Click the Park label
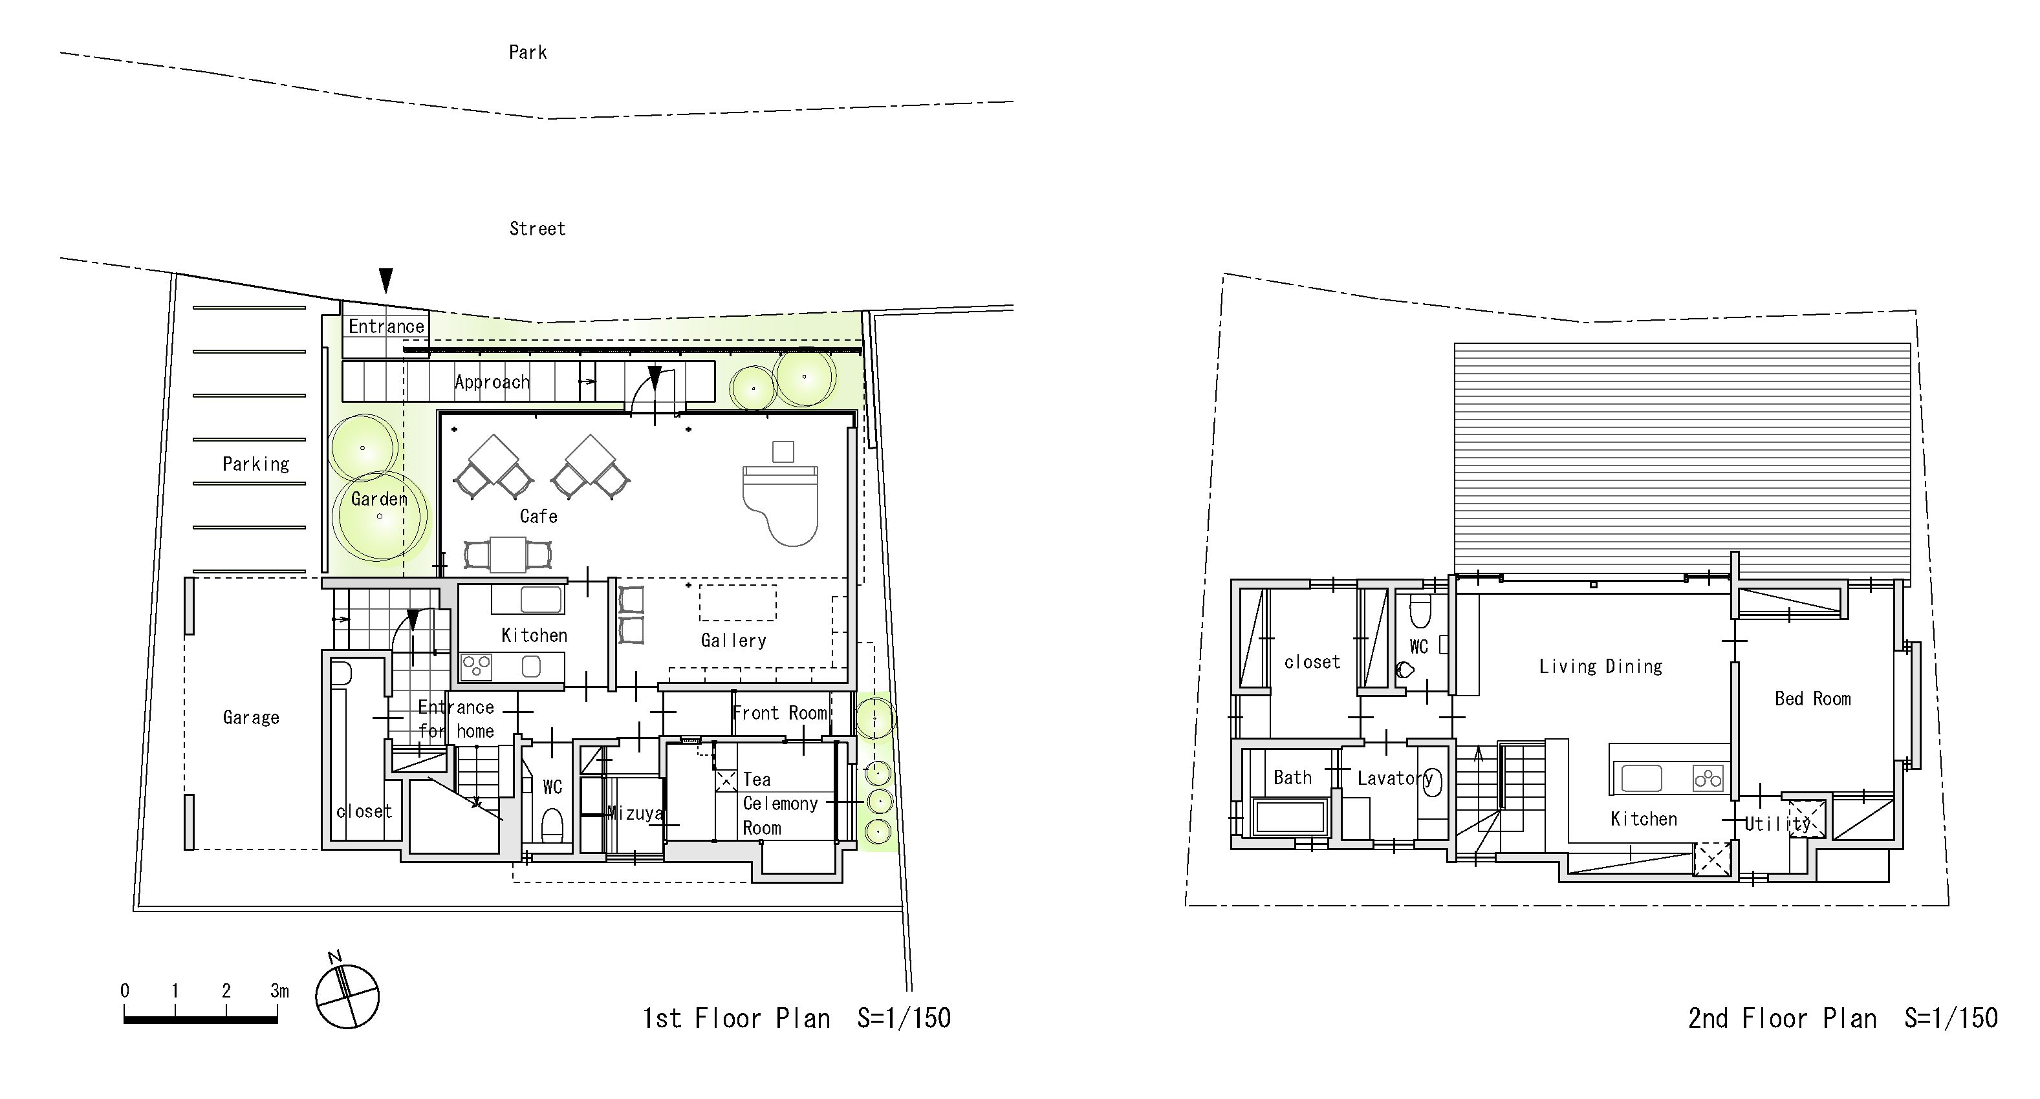527,52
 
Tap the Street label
537,229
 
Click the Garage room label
250,718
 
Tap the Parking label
255,464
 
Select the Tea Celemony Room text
779,804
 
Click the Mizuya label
635,813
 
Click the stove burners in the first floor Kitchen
476,667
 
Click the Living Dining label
1600,667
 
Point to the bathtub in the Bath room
1290,816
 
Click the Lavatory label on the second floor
1394,778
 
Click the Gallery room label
733,641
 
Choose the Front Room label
779,712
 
